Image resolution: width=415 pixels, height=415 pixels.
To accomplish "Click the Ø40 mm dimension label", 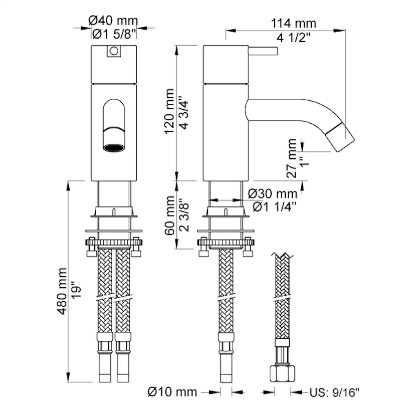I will (113, 21).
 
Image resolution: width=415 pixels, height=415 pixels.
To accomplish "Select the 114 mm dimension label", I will (293, 23).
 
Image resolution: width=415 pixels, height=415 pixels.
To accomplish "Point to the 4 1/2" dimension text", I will (294, 37).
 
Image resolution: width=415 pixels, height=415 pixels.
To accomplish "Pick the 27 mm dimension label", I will (293, 156).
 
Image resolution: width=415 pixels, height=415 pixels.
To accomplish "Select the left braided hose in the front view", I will (105, 291).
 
